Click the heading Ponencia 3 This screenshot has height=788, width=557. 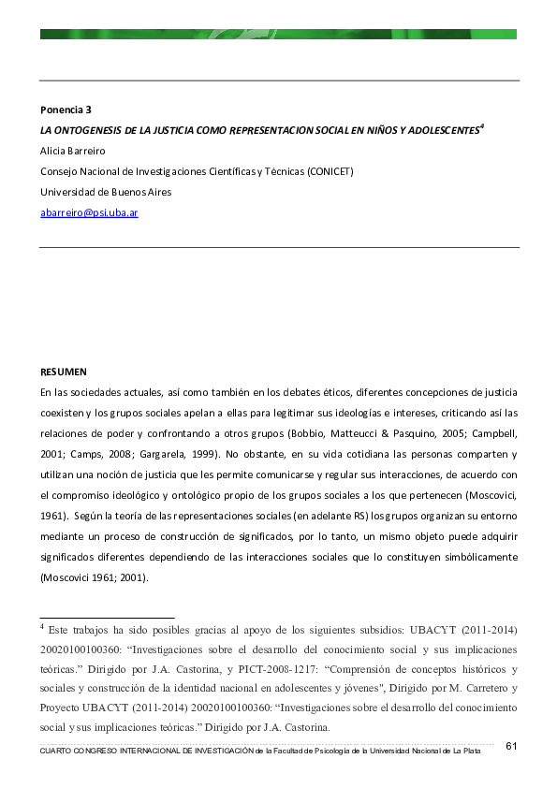click(x=66, y=109)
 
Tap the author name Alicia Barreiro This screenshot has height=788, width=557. click(x=73, y=151)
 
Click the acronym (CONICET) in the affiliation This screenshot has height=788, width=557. click(x=330, y=171)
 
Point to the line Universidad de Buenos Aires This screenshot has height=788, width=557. click(x=106, y=192)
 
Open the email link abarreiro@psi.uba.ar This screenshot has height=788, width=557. click(x=89, y=212)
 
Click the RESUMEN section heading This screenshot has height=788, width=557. click(x=63, y=372)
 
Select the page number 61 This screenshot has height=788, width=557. click(x=511, y=746)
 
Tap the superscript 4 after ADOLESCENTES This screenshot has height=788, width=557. click(x=481, y=126)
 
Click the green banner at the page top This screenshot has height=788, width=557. click(x=278, y=34)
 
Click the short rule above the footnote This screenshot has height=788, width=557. click(x=107, y=618)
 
